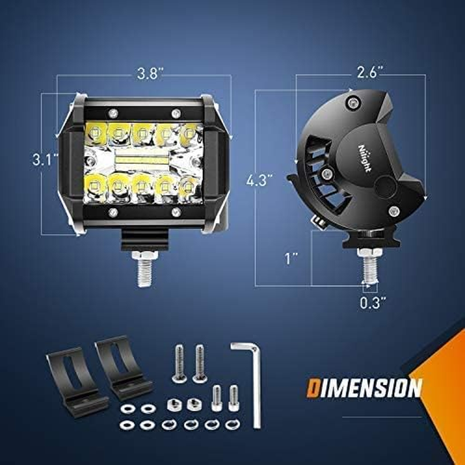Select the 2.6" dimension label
pos(370,73)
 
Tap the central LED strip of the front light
pos(142,158)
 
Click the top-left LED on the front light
pos(94,133)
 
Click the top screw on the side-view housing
pos(350,103)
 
